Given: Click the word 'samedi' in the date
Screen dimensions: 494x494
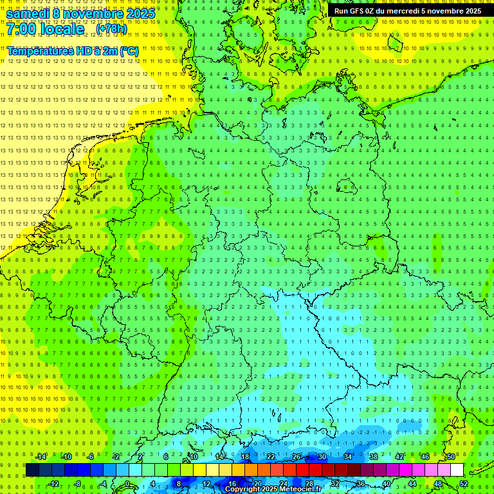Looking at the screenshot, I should click(x=29, y=14).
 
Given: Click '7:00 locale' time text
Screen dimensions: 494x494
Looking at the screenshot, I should click(x=46, y=29).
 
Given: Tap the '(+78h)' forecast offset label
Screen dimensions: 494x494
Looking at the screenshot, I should click(x=111, y=29).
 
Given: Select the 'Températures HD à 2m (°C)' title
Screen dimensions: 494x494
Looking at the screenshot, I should click(x=73, y=51).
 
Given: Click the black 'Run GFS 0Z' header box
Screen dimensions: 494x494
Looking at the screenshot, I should click(x=407, y=11).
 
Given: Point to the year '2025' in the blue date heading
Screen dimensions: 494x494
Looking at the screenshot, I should click(x=140, y=14).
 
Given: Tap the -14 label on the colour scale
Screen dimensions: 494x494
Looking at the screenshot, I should click(x=41, y=457).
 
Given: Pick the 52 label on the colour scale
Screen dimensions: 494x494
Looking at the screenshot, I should click(x=464, y=484).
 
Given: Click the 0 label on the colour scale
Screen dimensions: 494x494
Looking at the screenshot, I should click(x=127, y=484).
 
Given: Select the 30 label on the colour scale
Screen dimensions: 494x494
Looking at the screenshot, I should click(x=322, y=457).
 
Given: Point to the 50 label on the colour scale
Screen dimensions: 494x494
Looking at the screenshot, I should click(x=451, y=457).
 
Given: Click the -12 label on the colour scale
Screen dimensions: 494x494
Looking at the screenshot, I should click(x=53, y=484).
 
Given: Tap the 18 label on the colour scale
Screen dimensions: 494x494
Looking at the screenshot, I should click(x=245, y=457).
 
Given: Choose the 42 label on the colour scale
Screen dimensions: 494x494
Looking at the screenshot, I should click(x=399, y=457).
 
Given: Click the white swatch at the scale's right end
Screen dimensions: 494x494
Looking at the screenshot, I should click(x=457, y=470).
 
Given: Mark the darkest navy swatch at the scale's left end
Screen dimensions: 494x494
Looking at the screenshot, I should click(x=32, y=470).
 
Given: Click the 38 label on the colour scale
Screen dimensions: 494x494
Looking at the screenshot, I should click(x=374, y=457).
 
